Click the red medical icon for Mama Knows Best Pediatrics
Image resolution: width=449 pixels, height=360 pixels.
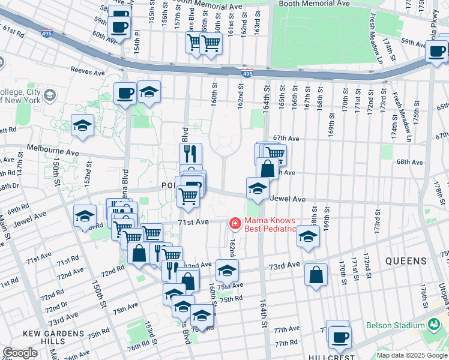235,224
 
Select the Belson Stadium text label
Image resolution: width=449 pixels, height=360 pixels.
396,325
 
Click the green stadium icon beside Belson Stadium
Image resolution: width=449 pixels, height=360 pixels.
434,325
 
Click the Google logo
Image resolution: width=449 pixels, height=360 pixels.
20,353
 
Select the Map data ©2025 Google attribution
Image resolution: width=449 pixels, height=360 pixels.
412,355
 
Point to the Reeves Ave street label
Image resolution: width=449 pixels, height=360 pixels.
88,71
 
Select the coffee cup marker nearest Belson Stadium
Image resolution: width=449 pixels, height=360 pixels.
340,336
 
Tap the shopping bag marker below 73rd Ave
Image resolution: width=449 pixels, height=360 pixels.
316,275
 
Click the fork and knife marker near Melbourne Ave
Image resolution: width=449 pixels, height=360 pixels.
190,153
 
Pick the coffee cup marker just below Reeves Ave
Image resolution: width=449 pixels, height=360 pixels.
125,93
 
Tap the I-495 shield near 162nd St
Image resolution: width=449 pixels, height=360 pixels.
247,73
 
